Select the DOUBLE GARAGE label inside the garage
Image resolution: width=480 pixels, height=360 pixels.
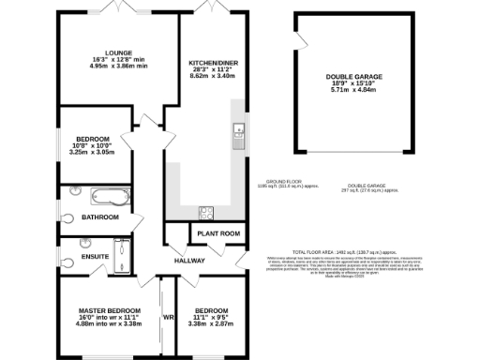click(352, 76)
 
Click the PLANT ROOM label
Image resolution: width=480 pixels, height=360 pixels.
click(217, 233)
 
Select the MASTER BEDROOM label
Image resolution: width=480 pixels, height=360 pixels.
click(109, 310)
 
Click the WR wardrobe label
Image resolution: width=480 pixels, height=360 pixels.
click(170, 317)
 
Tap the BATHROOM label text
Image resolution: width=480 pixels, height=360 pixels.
click(100, 217)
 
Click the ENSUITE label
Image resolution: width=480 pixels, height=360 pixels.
click(94, 256)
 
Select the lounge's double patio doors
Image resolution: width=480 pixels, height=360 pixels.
click(116, 8)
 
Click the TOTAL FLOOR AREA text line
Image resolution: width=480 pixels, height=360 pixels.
click(343, 253)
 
